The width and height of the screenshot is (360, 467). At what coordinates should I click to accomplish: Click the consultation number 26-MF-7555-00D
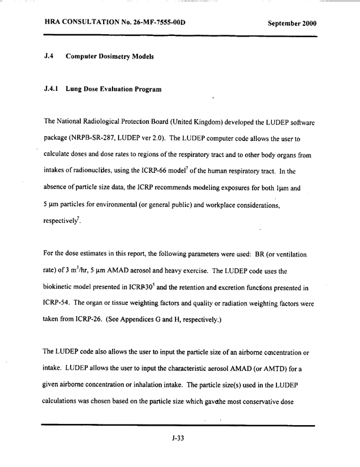coord(150,23)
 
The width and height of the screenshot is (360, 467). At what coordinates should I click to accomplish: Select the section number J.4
coord(49,57)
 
